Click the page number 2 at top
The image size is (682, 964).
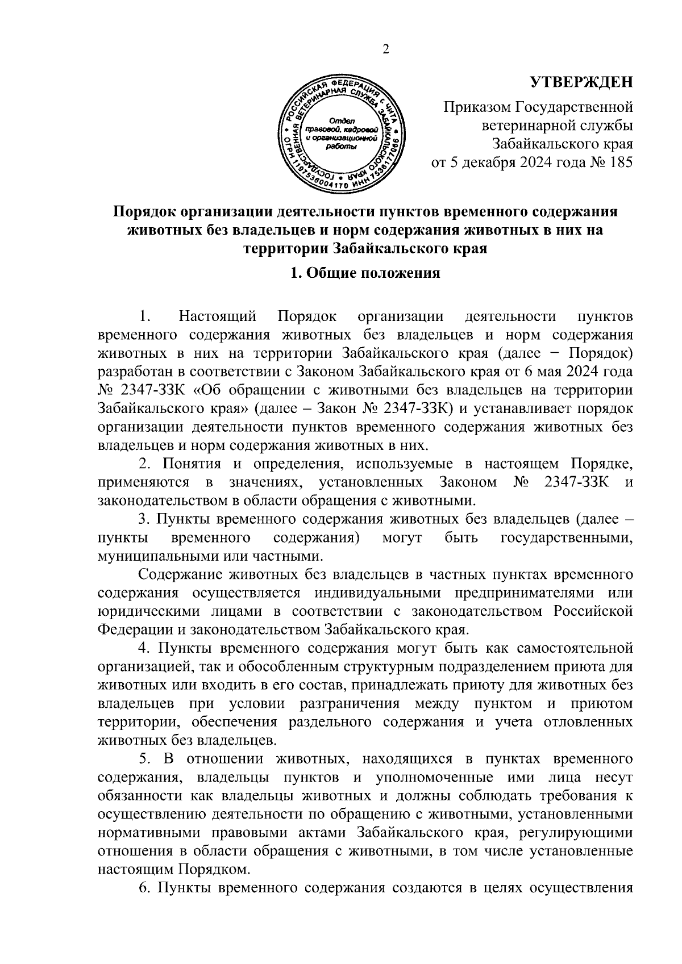[386, 50]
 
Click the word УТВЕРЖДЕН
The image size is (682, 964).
[581, 83]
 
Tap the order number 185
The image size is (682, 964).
[620, 162]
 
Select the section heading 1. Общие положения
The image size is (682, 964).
[365, 273]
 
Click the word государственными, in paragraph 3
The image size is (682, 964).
[567, 537]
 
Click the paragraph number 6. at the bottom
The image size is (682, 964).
[144, 888]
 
